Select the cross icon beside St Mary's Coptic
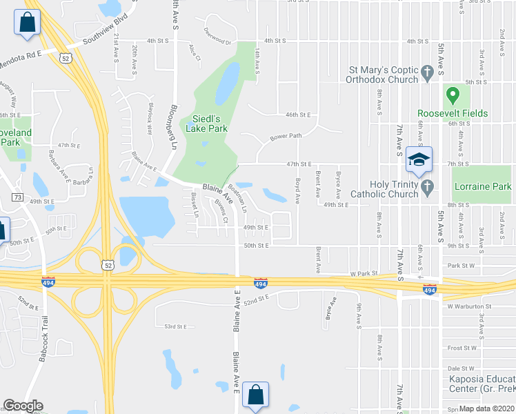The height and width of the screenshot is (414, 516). pos(427,71)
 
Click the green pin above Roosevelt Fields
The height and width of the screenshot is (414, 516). pos(453,95)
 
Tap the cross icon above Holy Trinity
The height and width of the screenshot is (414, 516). pos(427,186)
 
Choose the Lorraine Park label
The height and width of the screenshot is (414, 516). pos(482,186)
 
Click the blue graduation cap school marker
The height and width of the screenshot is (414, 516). pos(418,160)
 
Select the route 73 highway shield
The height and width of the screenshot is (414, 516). pos(17,198)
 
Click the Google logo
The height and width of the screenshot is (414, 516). pos(23,406)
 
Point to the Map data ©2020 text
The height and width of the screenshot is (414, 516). pos(487,408)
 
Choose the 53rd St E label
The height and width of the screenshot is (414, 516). pos(175,326)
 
